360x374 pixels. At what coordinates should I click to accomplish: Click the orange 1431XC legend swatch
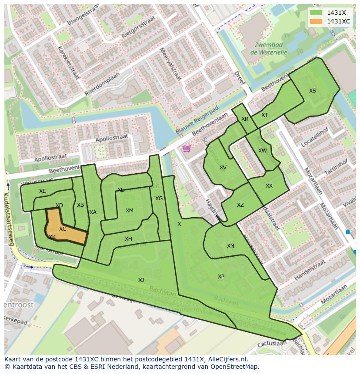[x=317, y=21]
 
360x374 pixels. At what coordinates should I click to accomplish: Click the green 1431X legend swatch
[x=317, y=13]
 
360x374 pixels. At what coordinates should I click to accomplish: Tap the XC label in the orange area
[x=63, y=229]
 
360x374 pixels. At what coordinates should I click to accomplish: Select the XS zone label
[x=313, y=91]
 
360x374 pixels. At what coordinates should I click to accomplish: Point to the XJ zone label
[x=141, y=280]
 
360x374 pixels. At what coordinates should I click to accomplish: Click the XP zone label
[x=221, y=277]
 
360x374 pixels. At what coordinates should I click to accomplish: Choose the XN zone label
[x=230, y=246]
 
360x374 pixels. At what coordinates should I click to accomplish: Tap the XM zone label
[x=130, y=211]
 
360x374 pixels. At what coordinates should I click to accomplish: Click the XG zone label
[x=159, y=199]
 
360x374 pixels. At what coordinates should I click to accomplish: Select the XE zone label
[x=42, y=191]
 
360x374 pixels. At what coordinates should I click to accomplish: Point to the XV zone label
[x=223, y=168]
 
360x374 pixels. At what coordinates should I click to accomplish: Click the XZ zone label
[x=240, y=205]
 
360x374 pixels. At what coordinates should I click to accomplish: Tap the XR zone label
[x=245, y=119]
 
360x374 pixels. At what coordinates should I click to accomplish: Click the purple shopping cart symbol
[x=187, y=149]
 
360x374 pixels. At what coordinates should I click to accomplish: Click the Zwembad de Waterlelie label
[x=269, y=48]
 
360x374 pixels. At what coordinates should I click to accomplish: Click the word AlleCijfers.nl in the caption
[x=227, y=359]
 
